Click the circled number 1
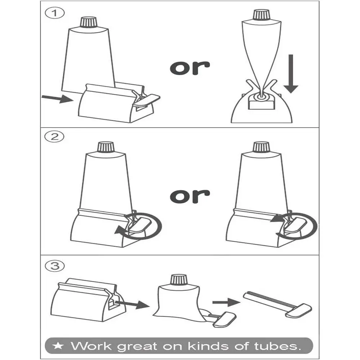pyautogui.click(x=55, y=13)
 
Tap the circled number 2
pyautogui.click(x=54, y=137)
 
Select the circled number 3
pyautogui.click(x=55, y=266)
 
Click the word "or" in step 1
pyautogui.click(x=190, y=68)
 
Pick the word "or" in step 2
pyautogui.click(x=190, y=196)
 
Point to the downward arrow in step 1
pyautogui.click(x=291, y=74)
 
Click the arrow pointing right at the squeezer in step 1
pyautogui.click(x=57, y=99)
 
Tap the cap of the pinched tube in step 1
pyautogui.click(x=261, y=15)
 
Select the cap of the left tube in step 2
pyautogui.click(x=106, y=147)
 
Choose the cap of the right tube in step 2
pyautogui.click(x=261, y=147)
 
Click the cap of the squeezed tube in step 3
pyautogui.click(x=179, y=280)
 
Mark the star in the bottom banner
pyautogui.click(x=58, y=346)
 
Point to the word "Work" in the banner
pyautogui.click(x=91, y=346)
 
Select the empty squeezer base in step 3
pyautogui.click(x=88, y=300)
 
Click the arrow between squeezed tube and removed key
pyautogui.click(x=226, y=302)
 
